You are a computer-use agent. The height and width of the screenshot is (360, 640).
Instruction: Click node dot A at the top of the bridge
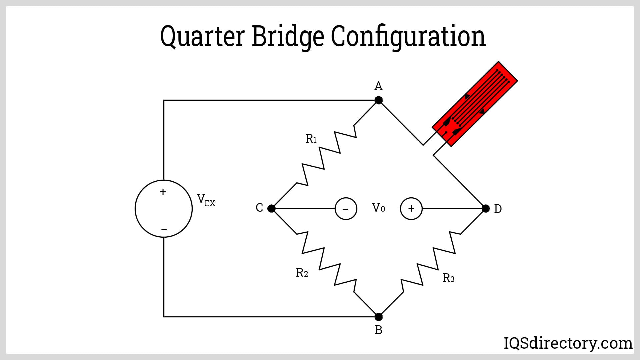point(378,100)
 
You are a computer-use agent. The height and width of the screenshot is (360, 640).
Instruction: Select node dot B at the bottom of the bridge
point(378,317)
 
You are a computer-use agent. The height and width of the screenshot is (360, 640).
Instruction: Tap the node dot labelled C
point(271,209)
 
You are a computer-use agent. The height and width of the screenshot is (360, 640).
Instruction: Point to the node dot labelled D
point(486,209)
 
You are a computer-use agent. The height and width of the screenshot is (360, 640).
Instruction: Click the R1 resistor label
point(311,139)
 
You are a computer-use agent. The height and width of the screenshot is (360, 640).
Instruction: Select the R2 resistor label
point(302,273)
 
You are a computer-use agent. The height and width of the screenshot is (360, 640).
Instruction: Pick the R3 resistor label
point(448,278)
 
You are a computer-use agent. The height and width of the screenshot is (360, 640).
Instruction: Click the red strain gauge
point(475,104)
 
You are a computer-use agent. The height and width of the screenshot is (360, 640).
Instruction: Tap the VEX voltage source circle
point(164,209)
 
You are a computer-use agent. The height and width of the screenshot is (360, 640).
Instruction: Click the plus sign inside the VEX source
point(163,192)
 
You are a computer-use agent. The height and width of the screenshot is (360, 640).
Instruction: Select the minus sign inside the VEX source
point(164,229)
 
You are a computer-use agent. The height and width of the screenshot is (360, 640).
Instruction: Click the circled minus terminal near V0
point(346,209)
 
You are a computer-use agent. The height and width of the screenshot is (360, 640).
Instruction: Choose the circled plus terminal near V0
point(411,209)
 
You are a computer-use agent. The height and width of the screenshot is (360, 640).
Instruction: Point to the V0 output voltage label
point(378,208)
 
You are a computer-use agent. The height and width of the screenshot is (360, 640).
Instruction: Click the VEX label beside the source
point(206,200)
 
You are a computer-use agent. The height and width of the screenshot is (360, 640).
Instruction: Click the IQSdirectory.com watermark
point(568,343)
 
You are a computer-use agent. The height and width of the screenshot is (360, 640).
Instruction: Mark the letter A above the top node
point(378,86)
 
